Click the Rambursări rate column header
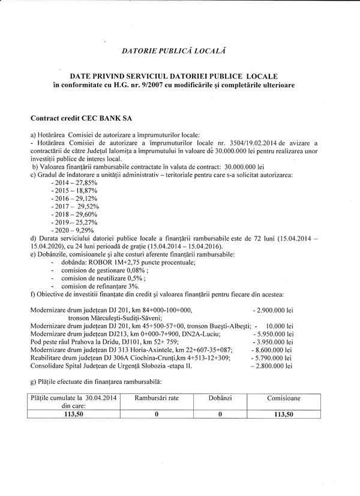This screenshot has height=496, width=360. point(156,398)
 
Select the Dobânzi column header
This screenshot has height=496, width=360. point(220,398)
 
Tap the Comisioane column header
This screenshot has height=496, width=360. point(286,398)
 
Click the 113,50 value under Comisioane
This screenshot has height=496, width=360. point(286,413)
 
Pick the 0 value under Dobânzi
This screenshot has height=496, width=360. point(220,413)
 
